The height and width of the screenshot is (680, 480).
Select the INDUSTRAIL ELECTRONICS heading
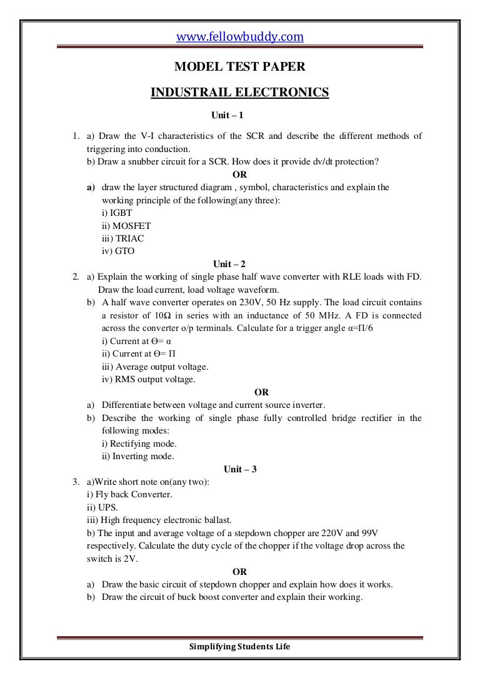(239, 93)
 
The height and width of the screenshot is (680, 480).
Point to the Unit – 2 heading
(239, 263)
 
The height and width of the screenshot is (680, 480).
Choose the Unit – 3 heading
(239, 469)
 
